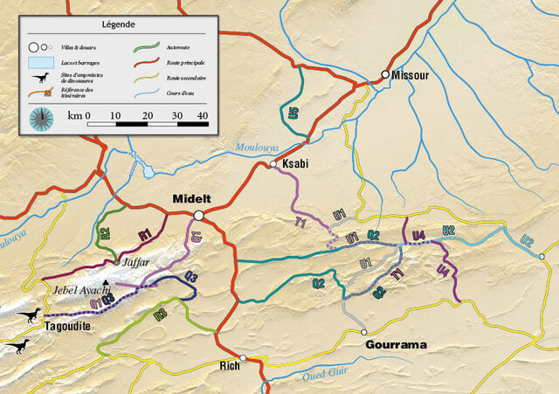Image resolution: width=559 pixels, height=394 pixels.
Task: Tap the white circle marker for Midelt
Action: coord(199,215)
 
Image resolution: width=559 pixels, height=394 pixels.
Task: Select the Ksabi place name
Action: coord(294,164)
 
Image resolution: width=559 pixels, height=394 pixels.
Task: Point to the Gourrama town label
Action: coord(396,345)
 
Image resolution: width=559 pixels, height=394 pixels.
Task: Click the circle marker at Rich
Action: coord(245,357)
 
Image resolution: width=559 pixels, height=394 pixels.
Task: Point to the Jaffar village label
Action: coord(129,261)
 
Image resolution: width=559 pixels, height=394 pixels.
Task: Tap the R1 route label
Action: coord(145,233)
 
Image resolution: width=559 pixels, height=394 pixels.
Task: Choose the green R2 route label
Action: coord(104,233)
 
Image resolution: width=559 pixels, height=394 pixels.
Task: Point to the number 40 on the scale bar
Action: coord(203,114)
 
